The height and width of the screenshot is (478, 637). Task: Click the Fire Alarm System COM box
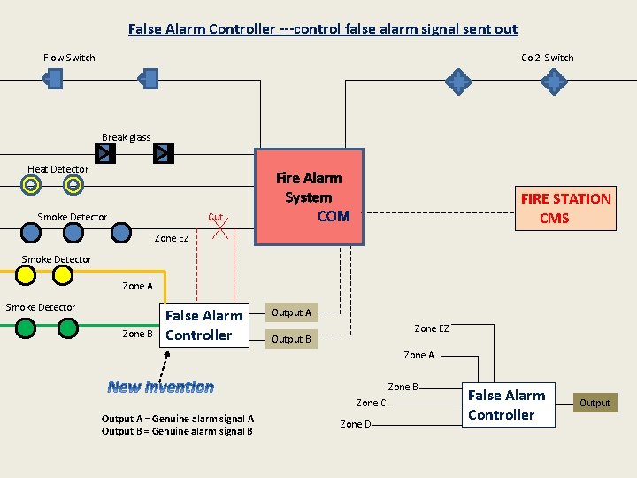click(309, 197)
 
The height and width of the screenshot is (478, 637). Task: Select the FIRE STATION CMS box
click(566, 208)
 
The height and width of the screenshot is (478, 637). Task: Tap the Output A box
click(291, 312)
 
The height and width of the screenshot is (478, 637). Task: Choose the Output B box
click(291, 339)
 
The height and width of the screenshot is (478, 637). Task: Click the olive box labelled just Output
click(595, 403)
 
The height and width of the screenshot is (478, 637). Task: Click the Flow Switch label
click(69, 58)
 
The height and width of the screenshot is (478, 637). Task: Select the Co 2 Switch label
click(547, 58)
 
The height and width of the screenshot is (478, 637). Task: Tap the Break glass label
click(126, 137)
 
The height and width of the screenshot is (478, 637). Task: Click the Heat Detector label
click(58, 169)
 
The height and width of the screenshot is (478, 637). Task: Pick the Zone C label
click(371, 403)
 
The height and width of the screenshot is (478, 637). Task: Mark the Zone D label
click(356, 424)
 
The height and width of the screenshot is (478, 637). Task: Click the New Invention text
click(160, 387)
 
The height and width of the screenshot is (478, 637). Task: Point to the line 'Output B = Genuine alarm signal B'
click(177, 431)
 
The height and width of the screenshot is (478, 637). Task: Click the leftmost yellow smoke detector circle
click(27, 275)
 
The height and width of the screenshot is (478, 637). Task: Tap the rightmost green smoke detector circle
click(68, 328)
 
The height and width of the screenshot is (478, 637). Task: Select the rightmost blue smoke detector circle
click(121, 233)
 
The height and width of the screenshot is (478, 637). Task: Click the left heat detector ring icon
click(31, 185)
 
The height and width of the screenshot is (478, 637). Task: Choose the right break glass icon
click(163, 154)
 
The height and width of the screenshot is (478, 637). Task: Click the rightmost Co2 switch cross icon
click(554, 82)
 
